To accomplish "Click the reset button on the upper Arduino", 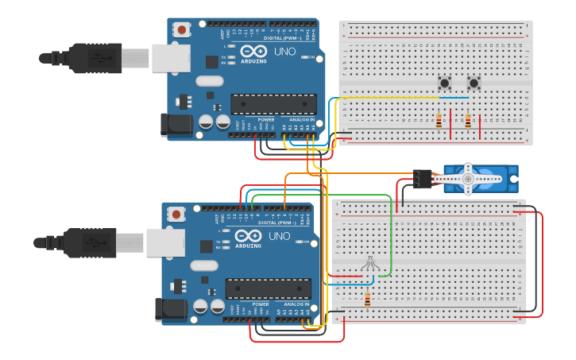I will [183, 30].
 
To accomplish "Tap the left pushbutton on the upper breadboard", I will [445, 82].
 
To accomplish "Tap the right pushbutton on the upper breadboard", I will [474, 82].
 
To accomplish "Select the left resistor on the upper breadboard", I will [439, 121].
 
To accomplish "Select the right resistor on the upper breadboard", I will [467, 121].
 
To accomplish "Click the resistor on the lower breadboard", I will [367, 300].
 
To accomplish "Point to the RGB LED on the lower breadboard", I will [369, 264].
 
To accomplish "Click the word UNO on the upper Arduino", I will [284, 52].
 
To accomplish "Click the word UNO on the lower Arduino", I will [279, 236].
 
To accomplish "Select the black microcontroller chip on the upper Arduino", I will [273, 104].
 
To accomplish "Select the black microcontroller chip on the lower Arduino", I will [268, 288].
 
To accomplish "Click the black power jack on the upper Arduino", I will [175, 123].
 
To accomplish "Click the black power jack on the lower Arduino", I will [171, 308].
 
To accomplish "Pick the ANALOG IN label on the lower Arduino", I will [296, 304].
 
